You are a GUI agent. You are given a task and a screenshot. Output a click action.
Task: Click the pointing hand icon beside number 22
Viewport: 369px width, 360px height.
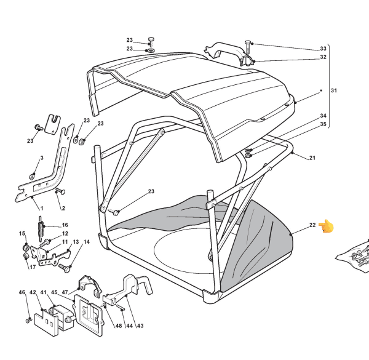tap(327, 226)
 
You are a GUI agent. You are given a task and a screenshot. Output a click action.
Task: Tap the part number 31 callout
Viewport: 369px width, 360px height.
tap(334, 91)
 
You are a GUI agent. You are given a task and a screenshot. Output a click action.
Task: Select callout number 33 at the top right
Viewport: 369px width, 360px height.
tap(323, 49)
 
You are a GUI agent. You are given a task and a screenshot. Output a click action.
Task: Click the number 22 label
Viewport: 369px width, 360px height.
tap(312, 226)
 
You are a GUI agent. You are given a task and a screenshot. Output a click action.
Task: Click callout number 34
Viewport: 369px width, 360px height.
tap(323, 116)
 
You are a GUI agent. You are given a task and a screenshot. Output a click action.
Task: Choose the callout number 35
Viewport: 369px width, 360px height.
tap(323, 124)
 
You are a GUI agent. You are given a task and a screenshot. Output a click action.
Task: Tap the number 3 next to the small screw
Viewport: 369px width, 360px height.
tap(42, 158)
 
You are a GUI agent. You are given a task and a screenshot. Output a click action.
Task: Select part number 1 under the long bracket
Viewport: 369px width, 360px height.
tap(41, 209)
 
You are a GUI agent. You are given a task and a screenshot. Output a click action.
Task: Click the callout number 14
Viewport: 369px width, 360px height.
tap(86, 242)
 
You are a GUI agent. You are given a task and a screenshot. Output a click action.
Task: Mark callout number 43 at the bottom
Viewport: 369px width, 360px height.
tap(140, 326)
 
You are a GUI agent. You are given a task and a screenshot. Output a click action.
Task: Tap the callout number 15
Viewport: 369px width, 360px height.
tap(22, 234)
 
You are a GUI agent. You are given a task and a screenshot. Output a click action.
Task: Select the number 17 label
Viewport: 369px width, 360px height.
tap(31, 266)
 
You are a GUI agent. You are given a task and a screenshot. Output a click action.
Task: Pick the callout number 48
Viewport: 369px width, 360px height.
tap(119, 326)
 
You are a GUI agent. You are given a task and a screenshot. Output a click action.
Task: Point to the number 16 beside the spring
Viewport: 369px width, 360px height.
tap(65, 225)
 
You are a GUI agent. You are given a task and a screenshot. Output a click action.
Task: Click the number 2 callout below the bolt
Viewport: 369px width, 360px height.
tap(62, 209)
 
